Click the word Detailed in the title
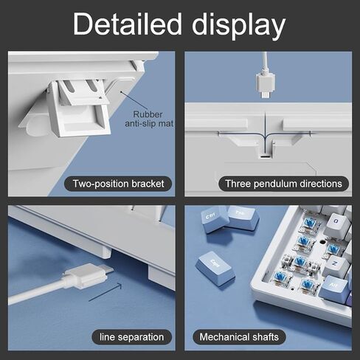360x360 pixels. click(x=128, y=24)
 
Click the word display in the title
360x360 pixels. click(x=238, y=25)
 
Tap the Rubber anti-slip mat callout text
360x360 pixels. click(x=149, y=119)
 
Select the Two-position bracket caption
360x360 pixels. click(x=118, y=184)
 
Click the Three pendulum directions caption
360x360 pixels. click(x=283, y=184)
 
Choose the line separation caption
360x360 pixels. click(x=131, y=337)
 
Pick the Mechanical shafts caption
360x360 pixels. click(x=239, y=337)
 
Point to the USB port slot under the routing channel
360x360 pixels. click(x=265, y=156)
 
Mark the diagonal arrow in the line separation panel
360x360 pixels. click(x=105, y=292)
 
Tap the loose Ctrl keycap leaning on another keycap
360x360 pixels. click(x=215, y=219)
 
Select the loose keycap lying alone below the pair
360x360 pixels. click(x=215, y=269)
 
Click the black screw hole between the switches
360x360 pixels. click(x=322, y=242)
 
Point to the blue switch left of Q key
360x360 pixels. click(x=308, y=223)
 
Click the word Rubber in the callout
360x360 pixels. click(x=148, y=114)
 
